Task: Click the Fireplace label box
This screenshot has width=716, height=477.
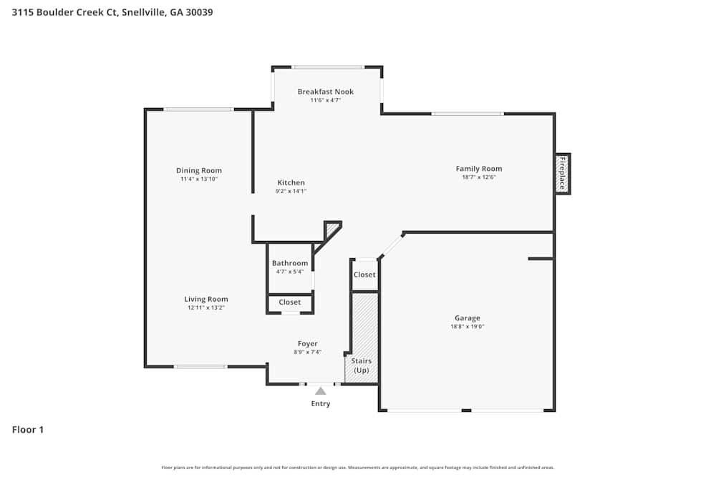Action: pyautogui.click(x=563, y=173)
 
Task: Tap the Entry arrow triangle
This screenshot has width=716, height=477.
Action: pyautogui.click(x=321, y=390)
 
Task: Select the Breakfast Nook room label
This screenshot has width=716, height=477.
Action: pyautogui.click(x=326, y=92)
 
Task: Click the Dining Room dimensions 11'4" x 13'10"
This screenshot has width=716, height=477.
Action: pyautogui.click(x=199, y=179)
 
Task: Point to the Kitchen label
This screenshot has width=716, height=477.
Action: pyautogui.click(x=291, y=183)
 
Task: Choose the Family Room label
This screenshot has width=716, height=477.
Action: pyautogui.click(x=479, y=169)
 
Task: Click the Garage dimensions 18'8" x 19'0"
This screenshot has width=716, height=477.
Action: pyautogui.click(x=468, y=326)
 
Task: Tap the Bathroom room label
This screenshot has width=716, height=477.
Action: pyautogui.click(x=290, y=263)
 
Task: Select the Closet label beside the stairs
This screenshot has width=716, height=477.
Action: pyautogui.click(x=364, y=275)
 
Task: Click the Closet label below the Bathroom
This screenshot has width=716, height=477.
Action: pyautogui.click(x=290, y=303)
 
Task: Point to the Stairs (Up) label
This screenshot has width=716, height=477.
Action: pyautogui.click(x=362, y=365)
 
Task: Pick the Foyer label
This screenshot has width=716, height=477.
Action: pyautogui.click(x=308, y=344)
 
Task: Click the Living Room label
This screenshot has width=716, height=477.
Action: pyautogui.click(x=206, y=300)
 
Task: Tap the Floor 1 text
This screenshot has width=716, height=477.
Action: pyautogui.click(x=28, y=430)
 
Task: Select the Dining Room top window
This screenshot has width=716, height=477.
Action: pyautogui.click(x=198, y=109)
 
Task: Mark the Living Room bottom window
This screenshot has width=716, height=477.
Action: pyautogui.click(x=200, y=367)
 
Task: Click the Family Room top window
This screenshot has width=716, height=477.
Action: pyautogui.click(x=468, y=114)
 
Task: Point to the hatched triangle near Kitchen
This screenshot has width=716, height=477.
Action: pyautogui.click(x=332, y=229)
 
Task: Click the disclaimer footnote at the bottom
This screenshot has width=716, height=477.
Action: pyautogui.click(x=358, y=468)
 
